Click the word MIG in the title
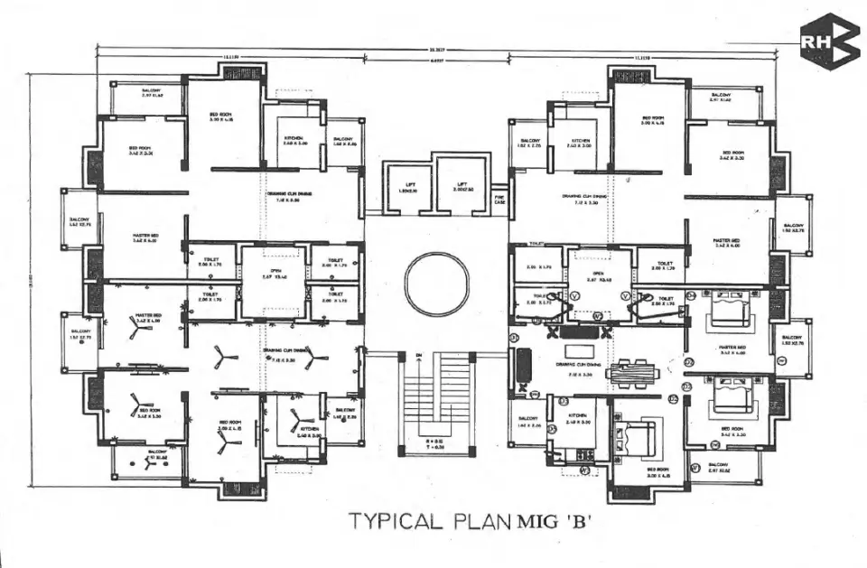542,521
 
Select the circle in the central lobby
438,283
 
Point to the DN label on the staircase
418,358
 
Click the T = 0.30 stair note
438,446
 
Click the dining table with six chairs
633,371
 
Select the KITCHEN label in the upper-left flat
294,138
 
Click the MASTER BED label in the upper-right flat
728,241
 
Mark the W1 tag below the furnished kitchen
584,470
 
